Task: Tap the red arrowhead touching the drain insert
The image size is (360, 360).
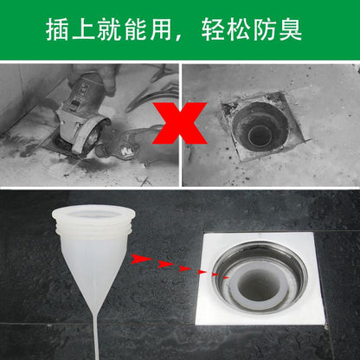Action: pos(224,280)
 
